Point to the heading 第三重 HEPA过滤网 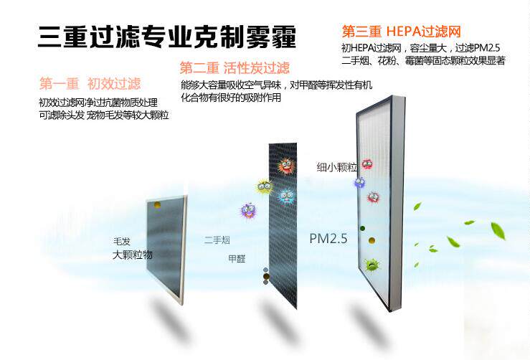coord(400,32)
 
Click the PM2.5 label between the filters coord(328,238)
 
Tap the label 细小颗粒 coord(336,167)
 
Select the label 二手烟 coord(216,240)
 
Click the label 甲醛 coord(236,258)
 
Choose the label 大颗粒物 coord(132,255)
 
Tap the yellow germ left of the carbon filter coord(264,187)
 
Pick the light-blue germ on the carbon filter coord(286,196)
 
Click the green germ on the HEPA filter coord(372,265)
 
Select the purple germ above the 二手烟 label coord(248,211)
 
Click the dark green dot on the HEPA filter coord(363,229)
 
